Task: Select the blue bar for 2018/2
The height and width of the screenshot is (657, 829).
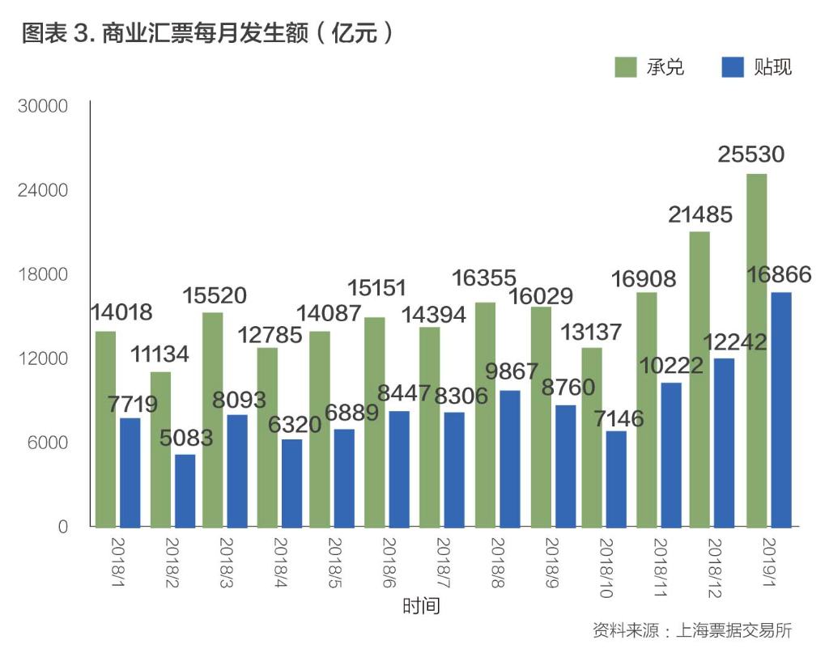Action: (185, 491)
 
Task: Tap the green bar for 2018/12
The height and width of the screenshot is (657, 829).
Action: (699, 379)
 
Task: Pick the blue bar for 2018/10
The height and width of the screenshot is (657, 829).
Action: (616, 479)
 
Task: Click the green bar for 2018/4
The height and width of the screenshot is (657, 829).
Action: (267, 438)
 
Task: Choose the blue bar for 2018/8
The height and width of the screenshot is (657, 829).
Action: (508, 459)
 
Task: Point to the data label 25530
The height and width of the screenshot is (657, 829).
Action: (751, 155)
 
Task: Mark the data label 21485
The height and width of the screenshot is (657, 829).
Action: (699, 214)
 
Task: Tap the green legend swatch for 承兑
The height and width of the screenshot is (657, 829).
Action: (625, 66)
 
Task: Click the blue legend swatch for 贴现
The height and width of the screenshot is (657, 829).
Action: (732, 66)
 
